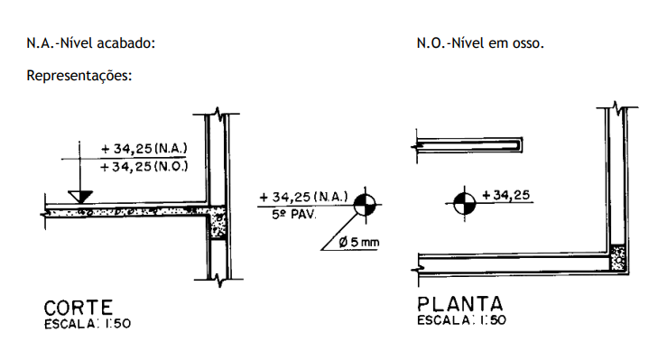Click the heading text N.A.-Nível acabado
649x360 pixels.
coord(90,43)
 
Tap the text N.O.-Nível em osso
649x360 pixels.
coord(480,43)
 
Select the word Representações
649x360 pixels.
coord(79,76)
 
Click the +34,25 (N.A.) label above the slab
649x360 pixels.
coord(144,149)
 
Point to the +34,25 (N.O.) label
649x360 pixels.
coord(144,167)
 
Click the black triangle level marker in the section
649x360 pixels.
coord(80,197)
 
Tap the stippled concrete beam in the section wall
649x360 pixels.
coord(217,223)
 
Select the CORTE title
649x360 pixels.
coord(79,309)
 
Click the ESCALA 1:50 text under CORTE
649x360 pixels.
coord(88,324)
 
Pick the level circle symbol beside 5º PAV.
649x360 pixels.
coord(365,205)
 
